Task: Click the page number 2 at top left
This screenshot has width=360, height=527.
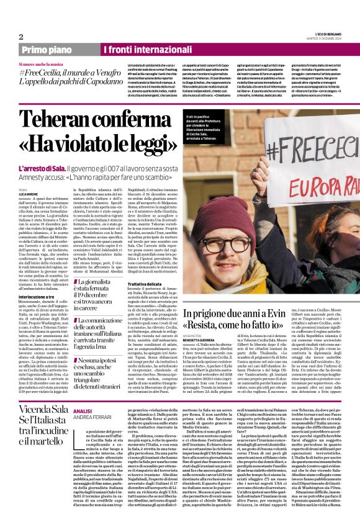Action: pyautogui.click(x=22, y=37)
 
